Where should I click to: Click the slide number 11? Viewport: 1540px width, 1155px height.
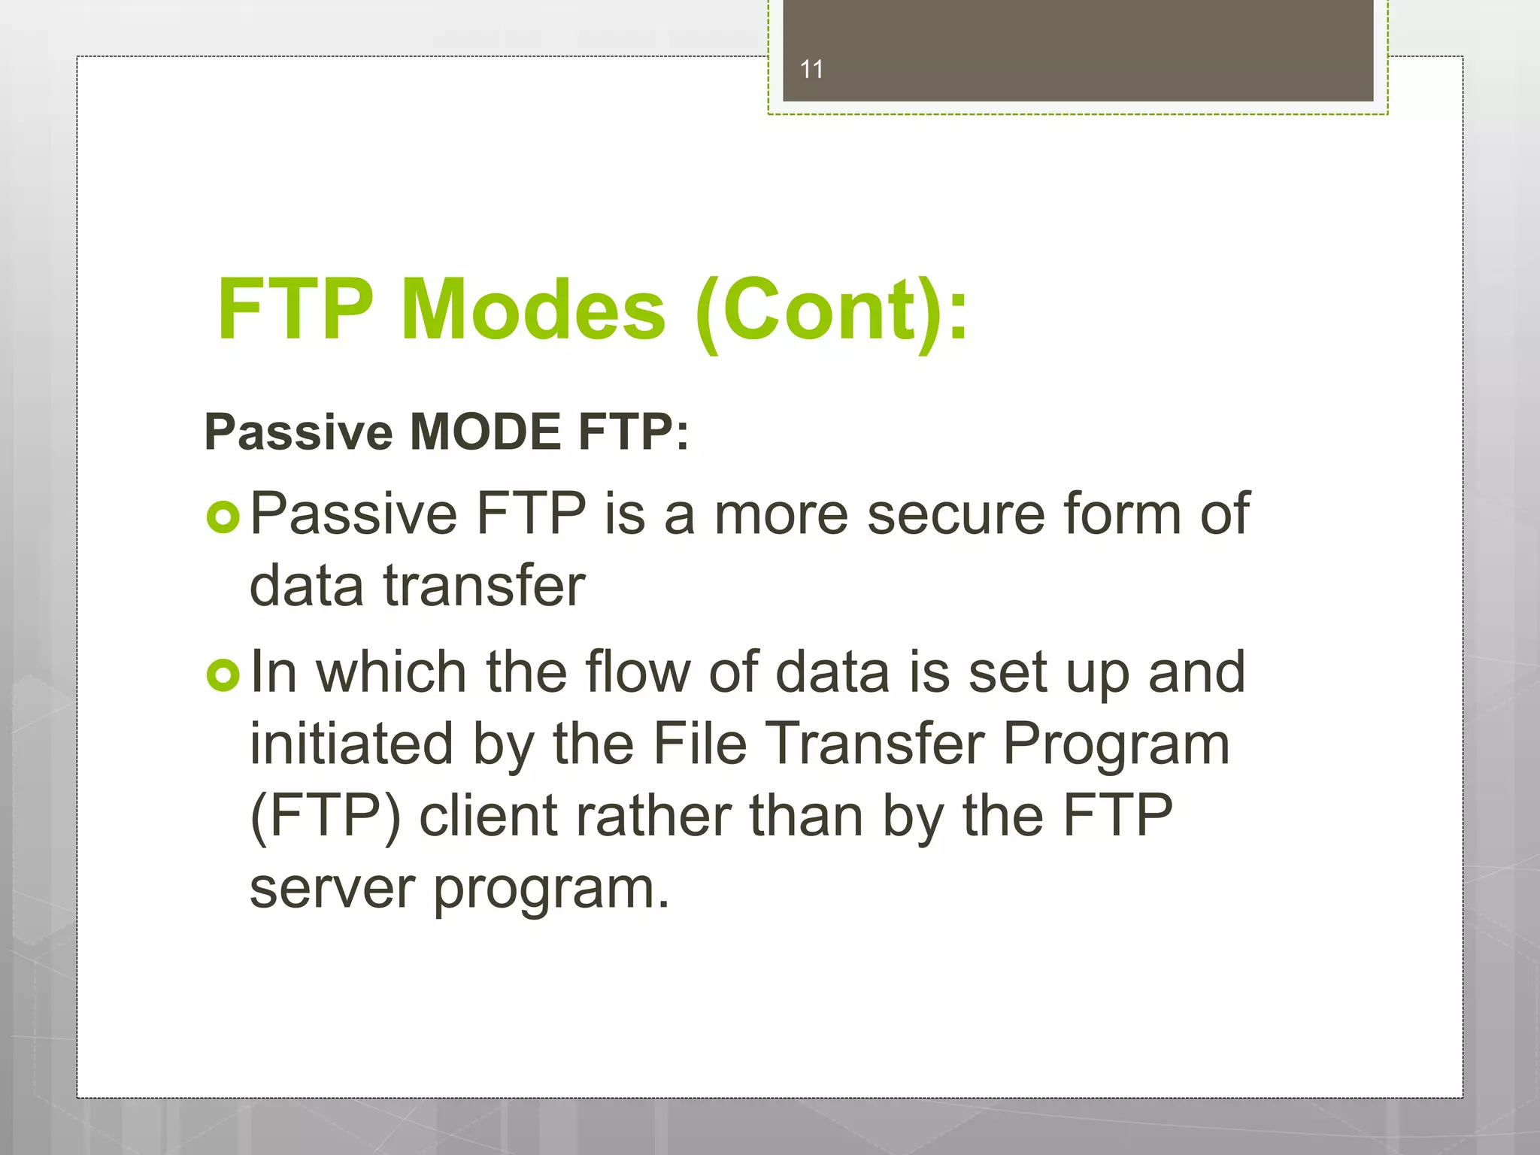point(811,69)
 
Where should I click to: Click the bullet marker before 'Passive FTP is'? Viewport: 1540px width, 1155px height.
point(223,517)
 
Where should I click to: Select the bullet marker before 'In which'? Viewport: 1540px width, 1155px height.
point(223,675)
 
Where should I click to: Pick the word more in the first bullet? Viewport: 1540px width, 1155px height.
point(781,514)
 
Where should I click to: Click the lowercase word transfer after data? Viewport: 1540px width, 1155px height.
point(484,586)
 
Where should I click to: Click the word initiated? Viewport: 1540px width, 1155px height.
point(351,744)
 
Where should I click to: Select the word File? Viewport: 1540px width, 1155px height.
point(699,744)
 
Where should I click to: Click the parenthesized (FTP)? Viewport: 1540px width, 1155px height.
point(325,817)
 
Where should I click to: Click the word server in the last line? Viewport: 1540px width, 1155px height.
point(332,889)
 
